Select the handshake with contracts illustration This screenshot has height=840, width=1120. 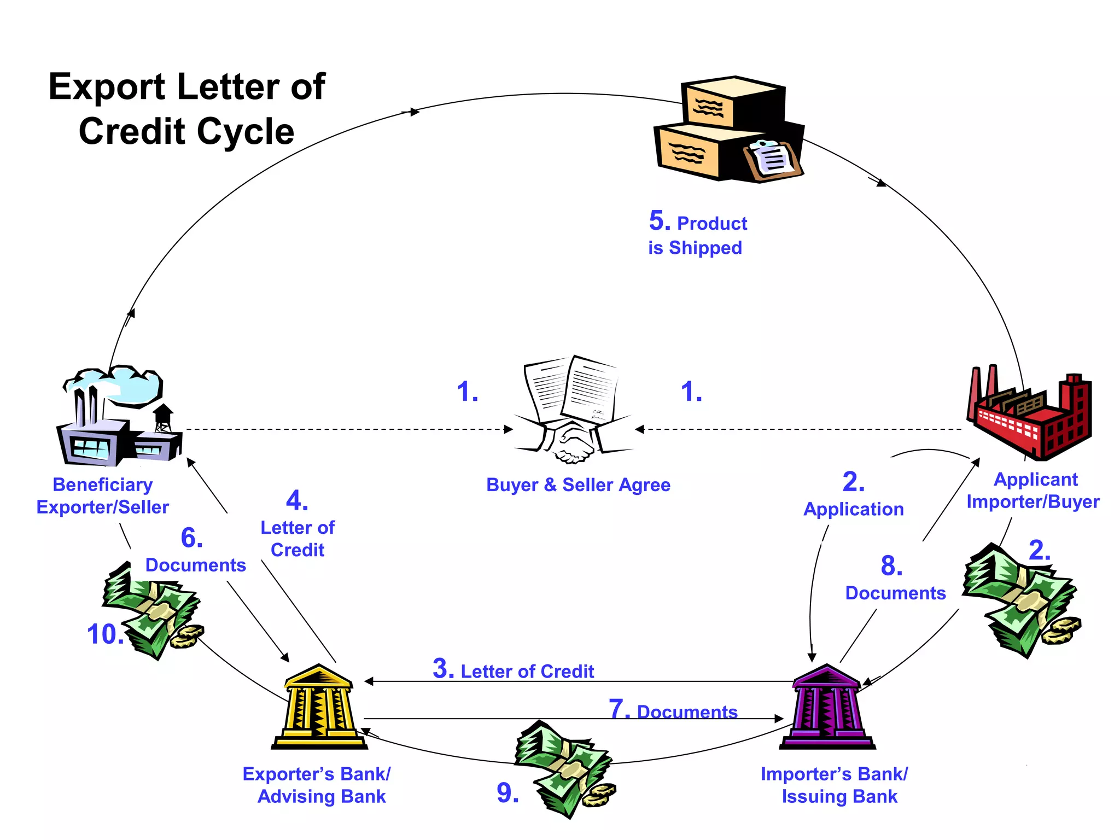click(x=572, y=410)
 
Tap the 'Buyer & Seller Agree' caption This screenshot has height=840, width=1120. click(x=578, y=485)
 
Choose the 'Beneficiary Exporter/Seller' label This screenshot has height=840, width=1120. click(x=103, y=496)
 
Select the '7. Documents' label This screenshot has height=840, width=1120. click(x=673, y=710)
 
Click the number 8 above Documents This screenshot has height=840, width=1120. click(x=891, y=566)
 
